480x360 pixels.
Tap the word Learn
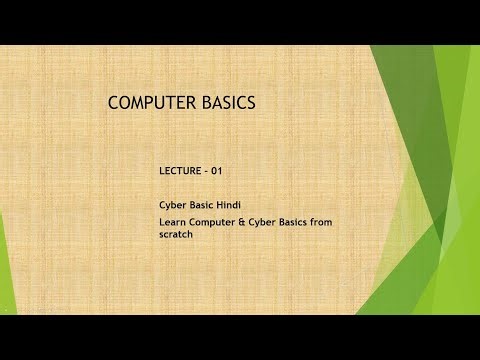click(x=171, y=222)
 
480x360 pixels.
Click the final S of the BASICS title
click(x=251, y=102)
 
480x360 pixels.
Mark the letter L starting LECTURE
click(x=162, y=171)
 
